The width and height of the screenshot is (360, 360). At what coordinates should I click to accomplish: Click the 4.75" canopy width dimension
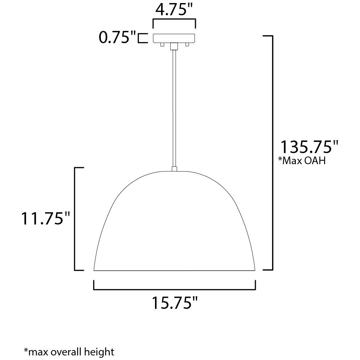[174, 10]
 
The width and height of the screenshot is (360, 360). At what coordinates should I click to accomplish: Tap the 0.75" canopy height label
[117, 38]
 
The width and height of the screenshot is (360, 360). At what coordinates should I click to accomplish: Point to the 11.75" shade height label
[46, 219]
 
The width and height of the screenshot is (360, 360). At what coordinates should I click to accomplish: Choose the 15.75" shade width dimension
[175, 303]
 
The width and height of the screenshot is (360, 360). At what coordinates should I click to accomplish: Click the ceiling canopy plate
[174, 38]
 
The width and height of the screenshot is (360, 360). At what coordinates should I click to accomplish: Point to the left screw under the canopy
[162, 45]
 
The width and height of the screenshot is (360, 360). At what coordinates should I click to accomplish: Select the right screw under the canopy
[187, 45]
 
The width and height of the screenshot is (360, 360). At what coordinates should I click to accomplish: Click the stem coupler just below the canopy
[174, 46]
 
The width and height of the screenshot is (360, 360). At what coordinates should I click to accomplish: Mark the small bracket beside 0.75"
[142, 38]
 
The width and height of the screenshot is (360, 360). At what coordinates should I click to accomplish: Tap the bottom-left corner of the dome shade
[94, 270]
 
